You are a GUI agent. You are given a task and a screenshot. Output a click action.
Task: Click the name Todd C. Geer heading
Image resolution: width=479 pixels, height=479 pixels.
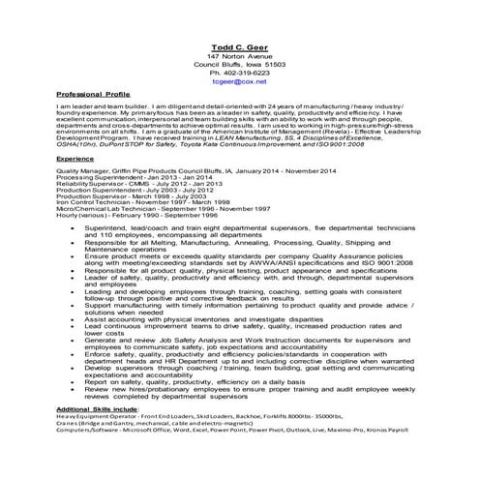[x=239, y=45]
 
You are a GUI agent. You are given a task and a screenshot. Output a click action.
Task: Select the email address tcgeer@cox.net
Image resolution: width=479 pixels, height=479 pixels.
[x=239, y=83]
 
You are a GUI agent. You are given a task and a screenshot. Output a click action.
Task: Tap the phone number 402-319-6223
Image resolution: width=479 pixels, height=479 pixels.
[x=239, y=74]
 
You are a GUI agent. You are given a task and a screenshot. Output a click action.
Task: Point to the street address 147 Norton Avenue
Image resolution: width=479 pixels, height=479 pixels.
[x=239, y=56]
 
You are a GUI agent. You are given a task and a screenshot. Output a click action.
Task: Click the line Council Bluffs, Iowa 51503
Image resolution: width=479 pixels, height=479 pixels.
[x=239, y=65]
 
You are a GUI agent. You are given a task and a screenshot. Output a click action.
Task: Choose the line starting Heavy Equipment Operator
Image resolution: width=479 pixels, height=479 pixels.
[x=213, y=415]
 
